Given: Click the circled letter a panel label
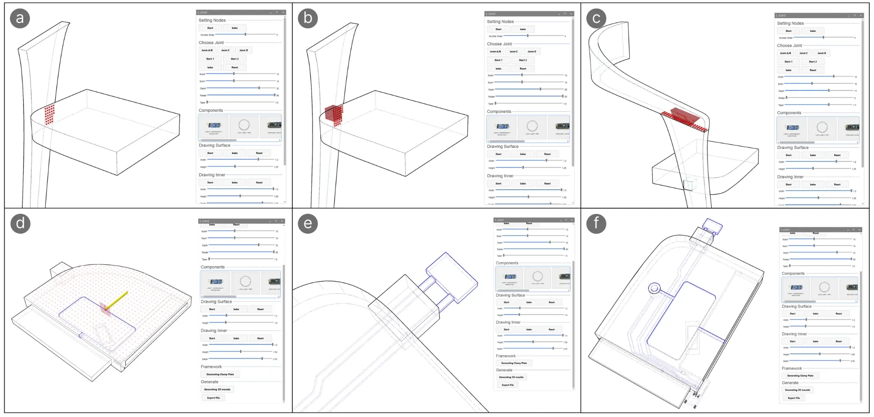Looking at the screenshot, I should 20,19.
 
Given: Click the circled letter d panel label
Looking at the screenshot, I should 20,223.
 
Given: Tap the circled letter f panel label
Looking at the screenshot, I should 596,223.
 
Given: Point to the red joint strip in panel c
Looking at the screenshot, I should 684,119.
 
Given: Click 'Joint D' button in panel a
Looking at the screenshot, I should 243,50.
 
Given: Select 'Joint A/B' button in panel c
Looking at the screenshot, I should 785,53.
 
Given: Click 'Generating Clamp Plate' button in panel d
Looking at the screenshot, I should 220,374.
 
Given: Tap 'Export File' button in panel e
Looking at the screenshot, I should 508,385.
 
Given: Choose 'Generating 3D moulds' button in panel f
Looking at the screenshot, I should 797,390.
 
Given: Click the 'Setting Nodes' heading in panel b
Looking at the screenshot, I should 500,22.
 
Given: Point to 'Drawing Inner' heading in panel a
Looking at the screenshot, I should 212,175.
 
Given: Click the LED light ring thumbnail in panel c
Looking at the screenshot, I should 821,128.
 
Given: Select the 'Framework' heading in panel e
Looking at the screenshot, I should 505,356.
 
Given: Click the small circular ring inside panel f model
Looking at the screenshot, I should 654,289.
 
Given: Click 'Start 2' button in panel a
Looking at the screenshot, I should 234,59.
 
